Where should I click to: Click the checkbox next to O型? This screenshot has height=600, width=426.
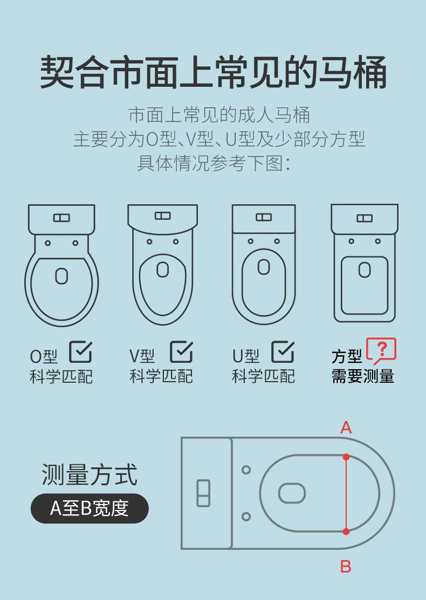81,352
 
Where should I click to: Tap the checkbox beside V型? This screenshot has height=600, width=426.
181,352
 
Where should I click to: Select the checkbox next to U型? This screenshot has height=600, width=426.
283,352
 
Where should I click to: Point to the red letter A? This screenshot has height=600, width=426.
346,427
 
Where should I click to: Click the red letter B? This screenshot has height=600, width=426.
346,567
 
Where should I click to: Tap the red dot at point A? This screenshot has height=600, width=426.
346,457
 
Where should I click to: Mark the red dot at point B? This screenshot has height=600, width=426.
346,532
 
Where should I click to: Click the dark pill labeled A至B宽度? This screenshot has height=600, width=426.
90,508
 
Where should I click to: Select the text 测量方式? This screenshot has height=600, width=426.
89,475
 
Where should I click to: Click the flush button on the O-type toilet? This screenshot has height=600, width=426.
61,218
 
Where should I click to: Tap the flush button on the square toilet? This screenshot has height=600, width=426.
365,218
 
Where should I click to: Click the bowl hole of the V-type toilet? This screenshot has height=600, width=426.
163,270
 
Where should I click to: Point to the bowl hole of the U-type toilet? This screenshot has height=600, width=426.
264,267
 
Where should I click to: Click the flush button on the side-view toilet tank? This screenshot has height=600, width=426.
203,493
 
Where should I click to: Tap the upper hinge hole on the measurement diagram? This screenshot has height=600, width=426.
246,470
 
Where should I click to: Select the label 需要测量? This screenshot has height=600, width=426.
363,376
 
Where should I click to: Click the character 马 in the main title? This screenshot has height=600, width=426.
334,72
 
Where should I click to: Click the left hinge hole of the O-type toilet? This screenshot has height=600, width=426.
48,243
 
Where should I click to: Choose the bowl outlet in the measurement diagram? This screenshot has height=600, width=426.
292,493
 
